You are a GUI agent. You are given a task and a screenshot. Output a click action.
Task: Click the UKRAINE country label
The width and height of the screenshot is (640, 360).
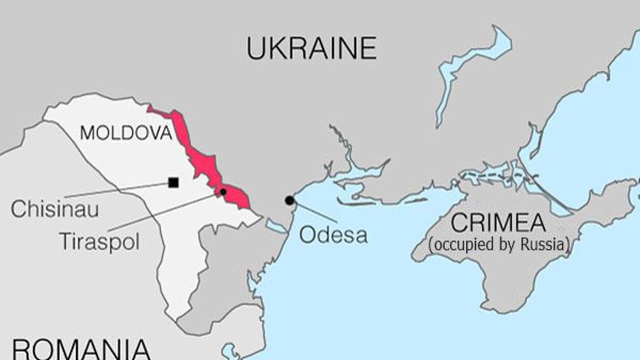click(311, 49)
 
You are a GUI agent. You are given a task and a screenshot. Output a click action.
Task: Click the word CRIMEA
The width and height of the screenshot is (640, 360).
click(498, 223)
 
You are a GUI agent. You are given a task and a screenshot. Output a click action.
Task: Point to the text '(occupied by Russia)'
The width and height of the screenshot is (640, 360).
click(499, 245)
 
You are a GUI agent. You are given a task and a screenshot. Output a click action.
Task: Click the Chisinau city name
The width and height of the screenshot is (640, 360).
click(55, 209)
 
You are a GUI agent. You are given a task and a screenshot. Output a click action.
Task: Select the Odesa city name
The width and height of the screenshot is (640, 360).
click(333, 234)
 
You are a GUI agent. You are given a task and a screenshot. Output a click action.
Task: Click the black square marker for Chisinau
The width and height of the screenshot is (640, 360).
click(173, 183)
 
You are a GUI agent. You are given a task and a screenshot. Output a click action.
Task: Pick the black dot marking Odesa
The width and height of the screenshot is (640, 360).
click(290, 201)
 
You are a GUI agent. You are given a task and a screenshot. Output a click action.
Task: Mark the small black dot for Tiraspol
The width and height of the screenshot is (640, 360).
click(223, 191)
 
